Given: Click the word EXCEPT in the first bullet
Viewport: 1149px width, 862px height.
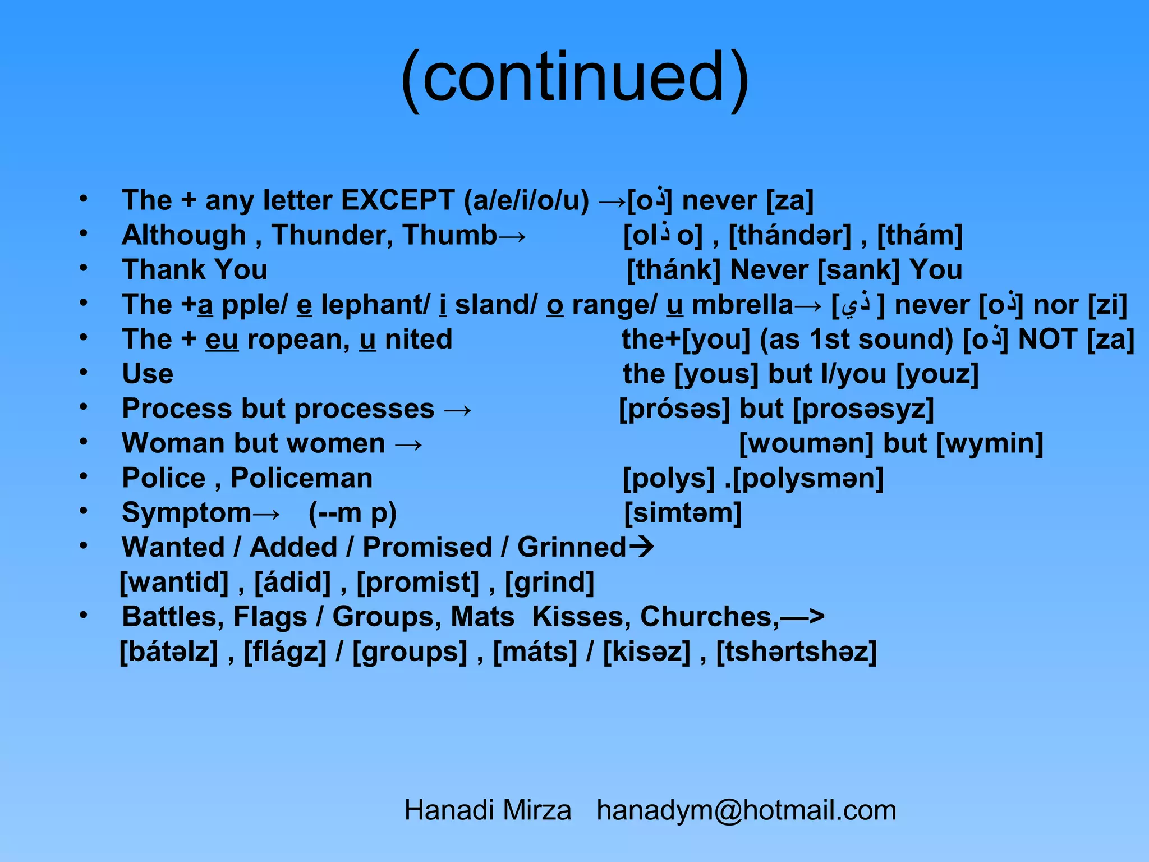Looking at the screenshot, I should [397, 200].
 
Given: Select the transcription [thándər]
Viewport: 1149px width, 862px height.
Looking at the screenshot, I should [789, 236].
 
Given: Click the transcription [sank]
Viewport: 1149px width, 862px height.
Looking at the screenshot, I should [858, 270].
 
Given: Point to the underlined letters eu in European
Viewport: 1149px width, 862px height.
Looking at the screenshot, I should [222, 340].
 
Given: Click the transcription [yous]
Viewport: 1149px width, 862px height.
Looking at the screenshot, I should [716, 374].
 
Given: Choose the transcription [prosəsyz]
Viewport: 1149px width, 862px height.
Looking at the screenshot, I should [863, 409].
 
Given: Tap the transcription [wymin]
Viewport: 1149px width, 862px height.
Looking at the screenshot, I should [990, 444].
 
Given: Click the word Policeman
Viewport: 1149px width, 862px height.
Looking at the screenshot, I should [301, 478].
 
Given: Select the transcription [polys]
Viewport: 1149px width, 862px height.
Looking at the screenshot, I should [669, 479].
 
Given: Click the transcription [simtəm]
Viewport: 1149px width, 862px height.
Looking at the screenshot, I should [683, 513].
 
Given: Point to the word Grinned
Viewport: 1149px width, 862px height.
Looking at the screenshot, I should [571, 547].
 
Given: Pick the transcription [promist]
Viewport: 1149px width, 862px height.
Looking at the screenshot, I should [417, 583].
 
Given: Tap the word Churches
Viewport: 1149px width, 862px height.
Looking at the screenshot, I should [709, 617].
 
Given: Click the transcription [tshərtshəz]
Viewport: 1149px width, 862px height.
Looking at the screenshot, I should [796, 652].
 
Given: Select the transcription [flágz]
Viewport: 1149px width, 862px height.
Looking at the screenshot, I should [285, 652].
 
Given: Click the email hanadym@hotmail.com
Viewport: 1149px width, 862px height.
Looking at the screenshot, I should [746, 810].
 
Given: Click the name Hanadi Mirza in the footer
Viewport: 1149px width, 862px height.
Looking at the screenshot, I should [488, 810].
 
